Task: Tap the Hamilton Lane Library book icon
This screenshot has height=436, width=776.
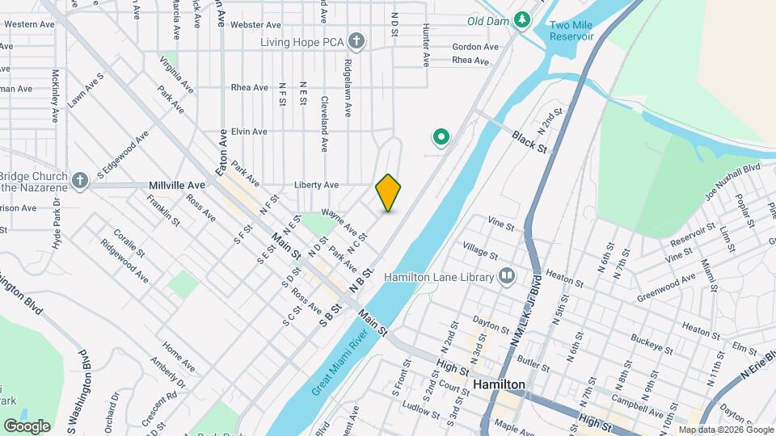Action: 507,277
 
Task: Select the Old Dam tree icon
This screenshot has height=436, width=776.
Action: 522,19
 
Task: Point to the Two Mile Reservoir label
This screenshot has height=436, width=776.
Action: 571,31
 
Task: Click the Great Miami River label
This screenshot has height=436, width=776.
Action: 345,361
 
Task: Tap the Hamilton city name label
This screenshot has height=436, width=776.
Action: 500,385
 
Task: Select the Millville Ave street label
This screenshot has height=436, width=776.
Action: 178,185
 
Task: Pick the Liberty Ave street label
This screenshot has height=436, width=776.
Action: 316,185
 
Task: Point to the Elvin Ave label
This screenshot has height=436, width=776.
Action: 248,132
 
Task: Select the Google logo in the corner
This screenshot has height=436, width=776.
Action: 27,426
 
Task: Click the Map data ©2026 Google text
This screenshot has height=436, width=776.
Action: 725,430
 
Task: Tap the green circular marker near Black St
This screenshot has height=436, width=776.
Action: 441,138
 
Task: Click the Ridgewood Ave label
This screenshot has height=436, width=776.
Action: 125,260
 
